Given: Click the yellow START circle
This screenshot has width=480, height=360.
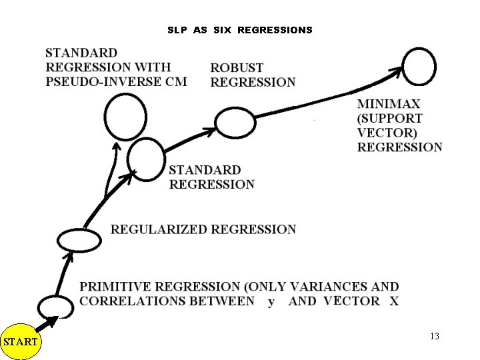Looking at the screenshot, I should click(x=20, y=342).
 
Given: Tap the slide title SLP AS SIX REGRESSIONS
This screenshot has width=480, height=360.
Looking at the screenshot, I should click(x=239, y=30).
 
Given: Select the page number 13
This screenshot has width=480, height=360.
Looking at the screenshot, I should click(x=435, y=336).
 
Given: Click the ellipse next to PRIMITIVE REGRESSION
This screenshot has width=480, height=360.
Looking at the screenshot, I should click(x=55, y=306).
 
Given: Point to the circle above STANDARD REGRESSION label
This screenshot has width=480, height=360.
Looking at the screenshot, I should click(x=146, y=156).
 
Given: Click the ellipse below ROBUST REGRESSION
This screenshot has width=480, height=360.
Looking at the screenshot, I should click(x=235, y=121).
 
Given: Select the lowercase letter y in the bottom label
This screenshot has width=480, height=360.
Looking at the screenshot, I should click(x=271, y=302).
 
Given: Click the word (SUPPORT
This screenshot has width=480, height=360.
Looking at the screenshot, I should click(x=390, y=119).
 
